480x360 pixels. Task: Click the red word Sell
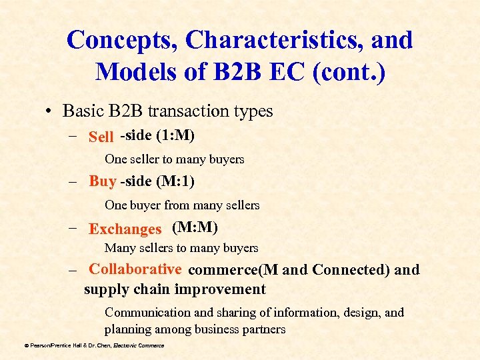click(x=101, y=137)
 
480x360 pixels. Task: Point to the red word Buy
click(x=103, y=181)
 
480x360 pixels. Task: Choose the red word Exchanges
click(x=125, y=229)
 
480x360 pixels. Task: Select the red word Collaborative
click(x=135, y=269)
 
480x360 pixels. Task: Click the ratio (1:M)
click(x=175, y=137)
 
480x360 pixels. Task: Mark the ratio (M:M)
click(x=195, y=228)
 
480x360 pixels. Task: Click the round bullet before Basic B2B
click(x=51, y=111)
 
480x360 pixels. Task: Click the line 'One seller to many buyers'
click(x=174, y=159)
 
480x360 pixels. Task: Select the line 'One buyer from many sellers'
click(x=182, y=205)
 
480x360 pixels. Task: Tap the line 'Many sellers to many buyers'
click(x=181, y=248)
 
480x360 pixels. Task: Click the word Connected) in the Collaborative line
click(x=351, y=270)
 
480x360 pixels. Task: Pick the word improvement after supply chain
click(x=220, y=289)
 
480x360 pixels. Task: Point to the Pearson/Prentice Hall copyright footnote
click(x=93, y=345)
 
